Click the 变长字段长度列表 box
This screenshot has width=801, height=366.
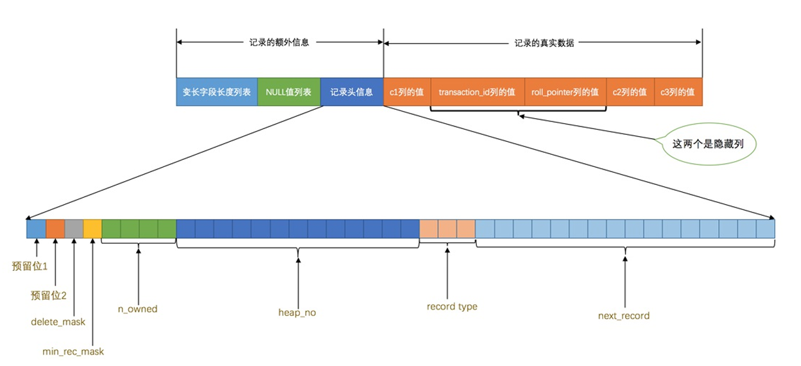216,92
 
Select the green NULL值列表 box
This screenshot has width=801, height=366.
288,92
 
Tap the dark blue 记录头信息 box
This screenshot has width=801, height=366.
351,92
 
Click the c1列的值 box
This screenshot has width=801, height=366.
407,92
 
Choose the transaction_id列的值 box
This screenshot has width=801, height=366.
477,92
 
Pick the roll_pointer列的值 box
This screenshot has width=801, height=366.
565,92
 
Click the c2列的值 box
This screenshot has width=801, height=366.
630,92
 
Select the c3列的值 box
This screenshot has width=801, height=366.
678,92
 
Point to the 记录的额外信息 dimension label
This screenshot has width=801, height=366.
279,43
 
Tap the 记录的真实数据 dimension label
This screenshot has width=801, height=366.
544,43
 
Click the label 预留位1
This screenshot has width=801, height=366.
30,266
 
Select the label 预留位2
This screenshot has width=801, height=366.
49,295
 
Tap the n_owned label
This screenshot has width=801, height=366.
137,309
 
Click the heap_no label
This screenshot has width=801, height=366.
297,313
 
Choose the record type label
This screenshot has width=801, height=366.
452,307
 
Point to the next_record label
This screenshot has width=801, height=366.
623,316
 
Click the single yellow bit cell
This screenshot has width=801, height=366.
92,229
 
